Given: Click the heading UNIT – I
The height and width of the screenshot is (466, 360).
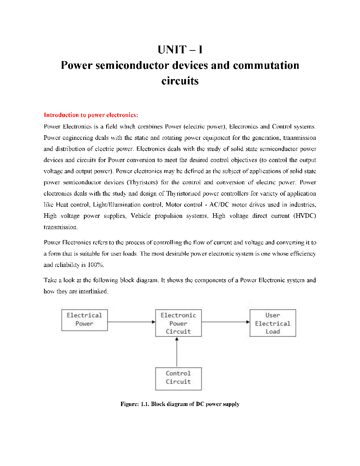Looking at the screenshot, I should tap(180, 50).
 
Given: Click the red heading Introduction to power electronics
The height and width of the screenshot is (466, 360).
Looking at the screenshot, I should tap(91, 115).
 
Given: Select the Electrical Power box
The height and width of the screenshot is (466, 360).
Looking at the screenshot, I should tap(84, 320).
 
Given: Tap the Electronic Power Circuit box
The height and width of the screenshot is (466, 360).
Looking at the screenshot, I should tap(178, 323).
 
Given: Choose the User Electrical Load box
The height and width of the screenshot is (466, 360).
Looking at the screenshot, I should tap(272, 323).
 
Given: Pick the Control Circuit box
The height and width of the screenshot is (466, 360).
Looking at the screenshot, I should tap(178, 378).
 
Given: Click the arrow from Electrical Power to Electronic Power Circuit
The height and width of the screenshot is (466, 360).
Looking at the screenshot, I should tap(131, 322).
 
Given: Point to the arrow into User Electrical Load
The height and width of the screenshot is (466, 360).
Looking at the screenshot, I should tap(226, 322).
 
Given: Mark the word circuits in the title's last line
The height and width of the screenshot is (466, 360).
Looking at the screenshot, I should tap(180, 81).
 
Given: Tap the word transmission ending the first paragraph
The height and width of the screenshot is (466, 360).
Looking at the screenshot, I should tap(60, 227).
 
